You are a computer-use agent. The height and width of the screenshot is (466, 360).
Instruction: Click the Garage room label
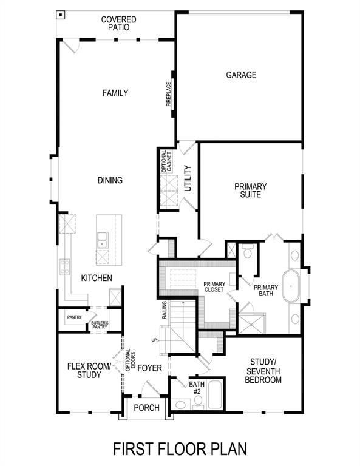(241, 75)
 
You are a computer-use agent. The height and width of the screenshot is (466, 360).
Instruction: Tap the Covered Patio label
(119, 24)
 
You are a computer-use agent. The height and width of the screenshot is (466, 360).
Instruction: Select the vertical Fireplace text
(169, 94)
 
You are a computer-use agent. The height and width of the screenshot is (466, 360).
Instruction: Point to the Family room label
(115, 93)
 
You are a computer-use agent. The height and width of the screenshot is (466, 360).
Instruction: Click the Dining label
(110, 180)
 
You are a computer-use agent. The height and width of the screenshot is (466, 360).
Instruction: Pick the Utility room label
(188, 178)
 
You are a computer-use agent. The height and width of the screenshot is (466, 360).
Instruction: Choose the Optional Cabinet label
(165, 162)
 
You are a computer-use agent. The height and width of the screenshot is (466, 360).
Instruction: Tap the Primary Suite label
(251, 191)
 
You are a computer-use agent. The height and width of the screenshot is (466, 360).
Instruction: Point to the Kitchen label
(97, 278)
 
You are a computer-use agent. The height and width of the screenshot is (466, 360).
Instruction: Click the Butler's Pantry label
(100, 325)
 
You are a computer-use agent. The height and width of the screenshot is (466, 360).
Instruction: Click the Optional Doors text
(128, 360)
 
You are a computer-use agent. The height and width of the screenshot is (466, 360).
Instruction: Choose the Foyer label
(149, 368)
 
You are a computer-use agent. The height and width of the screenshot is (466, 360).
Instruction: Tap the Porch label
(146, 408)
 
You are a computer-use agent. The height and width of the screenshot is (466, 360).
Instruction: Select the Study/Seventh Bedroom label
(263, 371)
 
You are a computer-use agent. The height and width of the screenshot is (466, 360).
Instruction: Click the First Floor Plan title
(180, 449)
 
